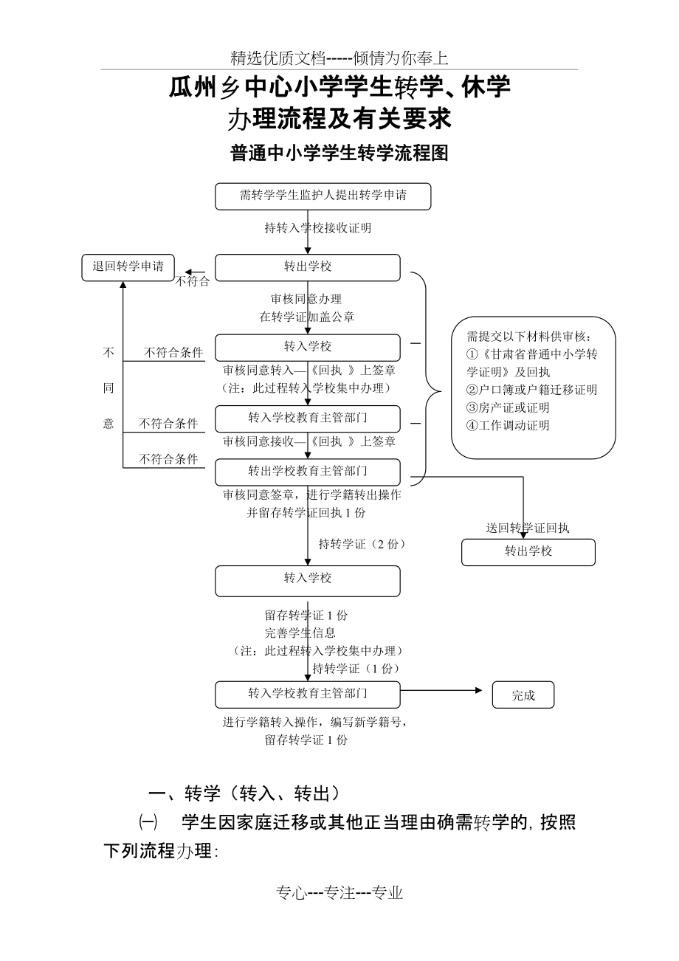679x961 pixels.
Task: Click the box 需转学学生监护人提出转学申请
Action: pos(323,196)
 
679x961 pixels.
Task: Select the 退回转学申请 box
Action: pos(128,266)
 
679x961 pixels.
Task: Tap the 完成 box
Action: pos(523,695)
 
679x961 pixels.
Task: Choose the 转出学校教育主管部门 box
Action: pos(308,471)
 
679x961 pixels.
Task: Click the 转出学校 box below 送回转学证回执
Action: pos(528,551)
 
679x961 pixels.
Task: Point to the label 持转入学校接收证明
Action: pos(318,228)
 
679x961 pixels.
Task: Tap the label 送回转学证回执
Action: pos(528,528)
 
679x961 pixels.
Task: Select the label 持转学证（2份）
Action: pos(362,544)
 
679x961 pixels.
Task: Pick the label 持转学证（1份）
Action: pos(356,669)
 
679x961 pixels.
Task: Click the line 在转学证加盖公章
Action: pos(306,317)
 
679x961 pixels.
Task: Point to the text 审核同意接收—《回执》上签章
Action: pos(309,441)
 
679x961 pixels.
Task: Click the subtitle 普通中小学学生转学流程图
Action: pos(339,153)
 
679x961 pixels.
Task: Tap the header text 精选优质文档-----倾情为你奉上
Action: pos(339,58)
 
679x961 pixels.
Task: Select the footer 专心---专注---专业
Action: pos(339,893)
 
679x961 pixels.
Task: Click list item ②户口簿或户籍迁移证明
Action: pos(532,390)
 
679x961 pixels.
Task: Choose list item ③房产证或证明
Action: pos(509,407)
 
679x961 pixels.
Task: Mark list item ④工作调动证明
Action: pos(509,425)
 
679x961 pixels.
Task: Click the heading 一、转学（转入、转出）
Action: pos(244,793)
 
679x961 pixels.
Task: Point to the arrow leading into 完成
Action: pos(447,691)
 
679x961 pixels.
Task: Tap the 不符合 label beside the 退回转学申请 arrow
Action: pos(192,281)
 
